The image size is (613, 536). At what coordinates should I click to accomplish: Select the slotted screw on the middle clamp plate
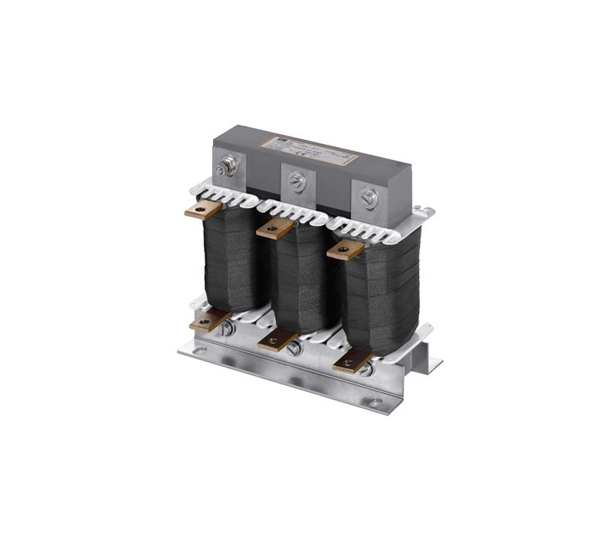(x=297, y=182)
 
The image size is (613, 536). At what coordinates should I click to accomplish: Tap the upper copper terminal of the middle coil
(x=274, y=227)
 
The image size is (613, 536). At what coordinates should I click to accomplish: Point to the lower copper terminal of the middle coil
(x=275, y=340)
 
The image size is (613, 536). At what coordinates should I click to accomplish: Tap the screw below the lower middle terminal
(x=293, y=350)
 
